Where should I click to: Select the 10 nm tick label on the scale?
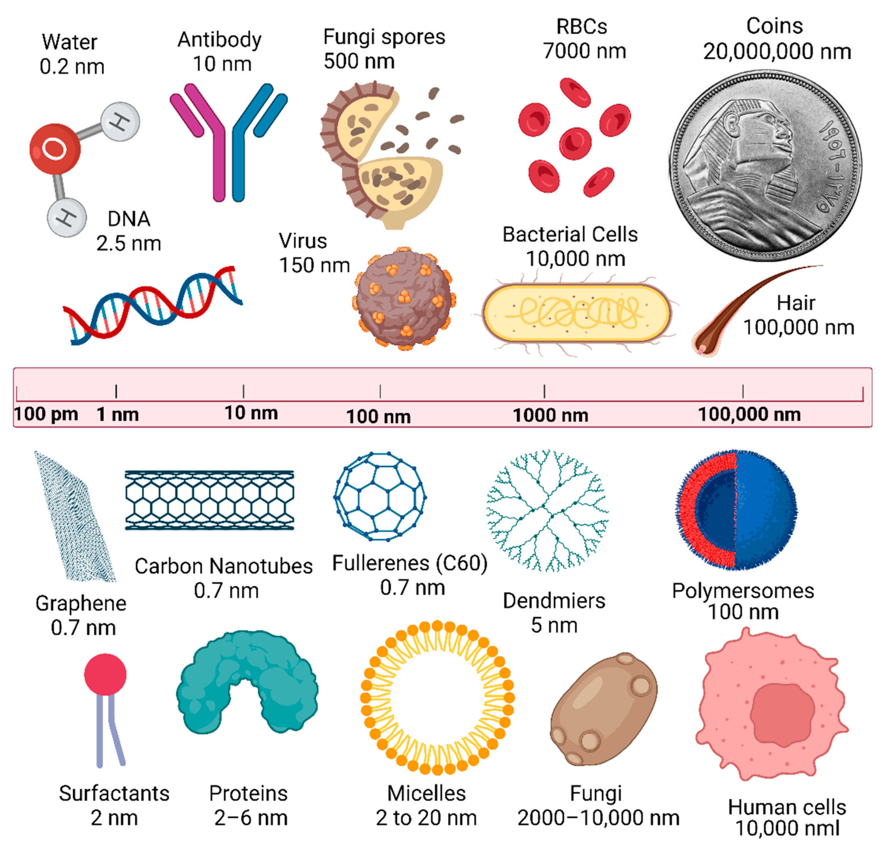251,413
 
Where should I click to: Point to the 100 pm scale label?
46,414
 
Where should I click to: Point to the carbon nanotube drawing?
209,500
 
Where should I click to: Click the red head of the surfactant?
105,674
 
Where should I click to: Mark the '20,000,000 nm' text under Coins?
777,52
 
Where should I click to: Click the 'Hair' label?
796,303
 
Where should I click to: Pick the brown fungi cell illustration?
604,709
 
